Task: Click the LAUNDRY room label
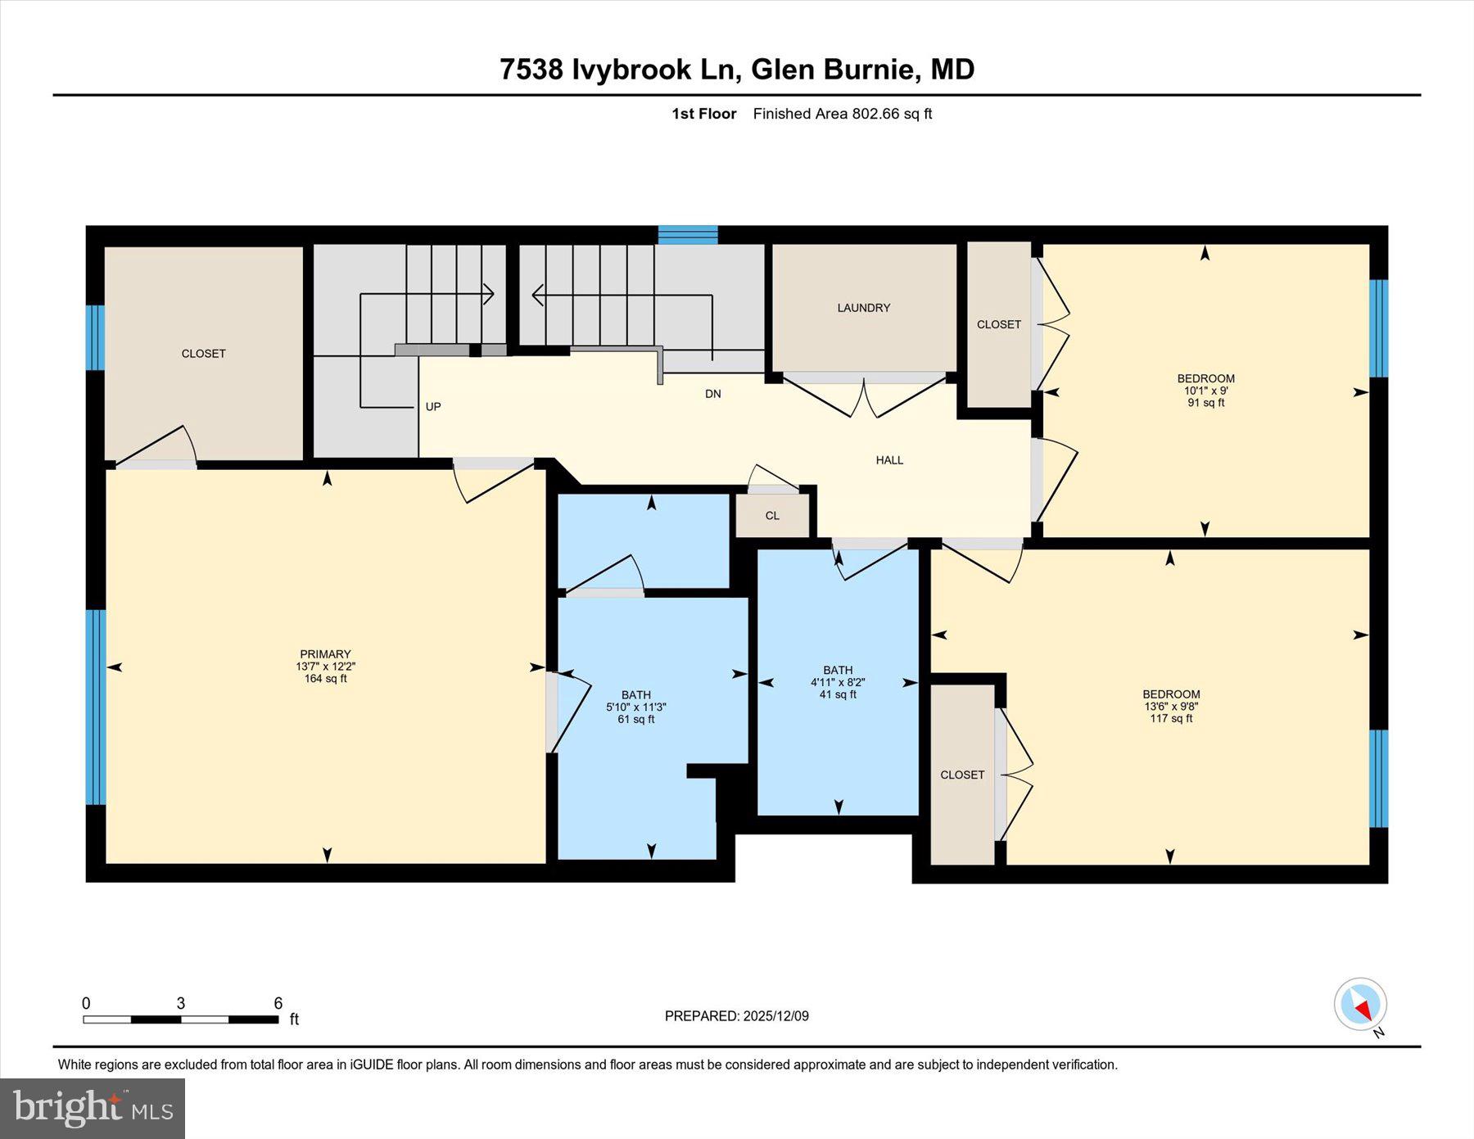(x=863, y=308)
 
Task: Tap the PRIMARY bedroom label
(x=325, y=653)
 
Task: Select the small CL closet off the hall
(x=772, y=516)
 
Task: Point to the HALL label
(x=889, y=460)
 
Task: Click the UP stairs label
(x=433, y=406)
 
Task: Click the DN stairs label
(x=712, y=394)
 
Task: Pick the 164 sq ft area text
(x=325, y=678)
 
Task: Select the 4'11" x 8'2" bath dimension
(x=838, y=682)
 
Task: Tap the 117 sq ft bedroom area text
(x=1171, y=718)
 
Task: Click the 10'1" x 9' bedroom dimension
(x=1205, y=391)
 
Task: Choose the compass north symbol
(x=1360, y=1005)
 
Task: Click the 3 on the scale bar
(x=180, y=1003)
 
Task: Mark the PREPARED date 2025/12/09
(x=775, y=1016)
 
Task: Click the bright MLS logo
(x=93, y=1109)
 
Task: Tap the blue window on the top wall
(x=688, y=235)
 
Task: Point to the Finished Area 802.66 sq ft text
(x=842, y=114)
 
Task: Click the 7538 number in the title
(x=531, y=70)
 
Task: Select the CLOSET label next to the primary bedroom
(x=203, y=354)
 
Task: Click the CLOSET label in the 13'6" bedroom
(x=962, y=775)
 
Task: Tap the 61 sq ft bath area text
(x=635, y=719)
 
